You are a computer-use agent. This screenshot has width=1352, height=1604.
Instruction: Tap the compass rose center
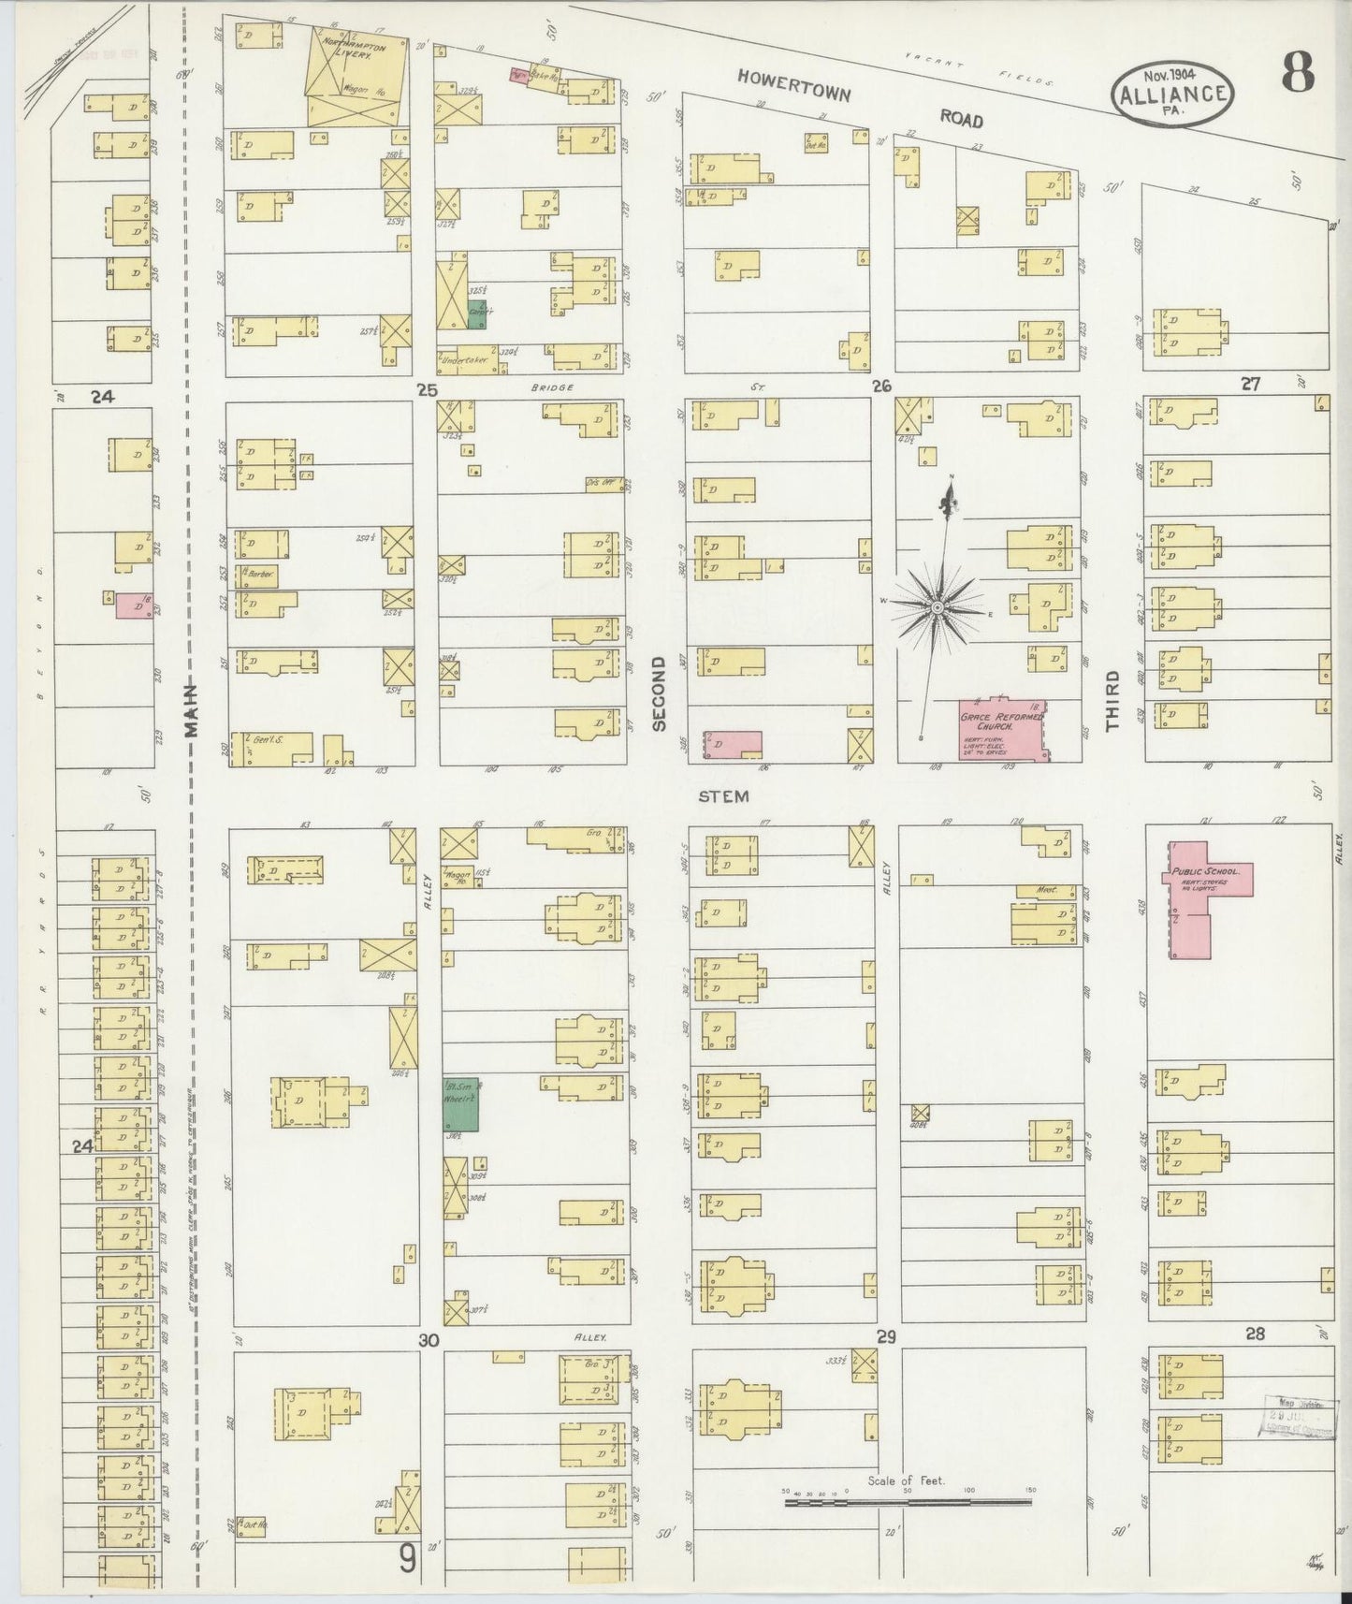tap(937, 608)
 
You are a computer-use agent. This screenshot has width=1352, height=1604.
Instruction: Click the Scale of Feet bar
tap(908, 1502)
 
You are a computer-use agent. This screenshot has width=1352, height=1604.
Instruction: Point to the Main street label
tap(192, 711)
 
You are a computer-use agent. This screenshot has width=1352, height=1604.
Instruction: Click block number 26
tap(880, 386)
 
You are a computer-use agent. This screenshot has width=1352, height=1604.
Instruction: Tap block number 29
tap(886, 1337)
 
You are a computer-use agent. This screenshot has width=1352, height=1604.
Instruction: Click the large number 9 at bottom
tap(408, 1557)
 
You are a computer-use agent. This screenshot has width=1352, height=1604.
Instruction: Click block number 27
tap(1250, 384)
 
